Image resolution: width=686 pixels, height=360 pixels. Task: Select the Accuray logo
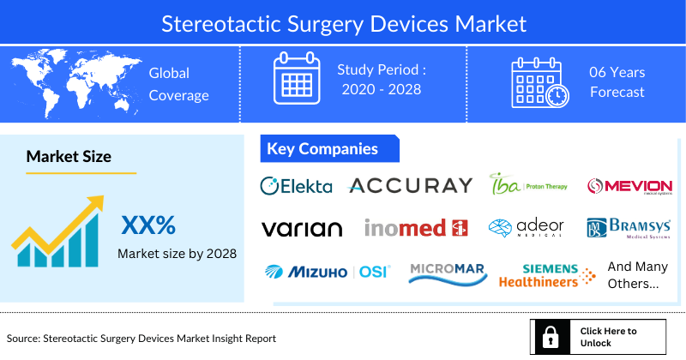[410, 185]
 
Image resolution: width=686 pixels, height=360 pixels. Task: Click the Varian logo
[301, 228]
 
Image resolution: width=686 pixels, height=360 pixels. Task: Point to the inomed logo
[415, 228]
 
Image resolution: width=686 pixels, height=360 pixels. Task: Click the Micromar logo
[448, 272]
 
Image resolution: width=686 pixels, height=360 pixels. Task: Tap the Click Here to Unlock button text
[608, 337]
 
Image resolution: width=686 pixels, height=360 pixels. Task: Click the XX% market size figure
[148, 225]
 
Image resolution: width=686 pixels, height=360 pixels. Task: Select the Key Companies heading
[322, 149]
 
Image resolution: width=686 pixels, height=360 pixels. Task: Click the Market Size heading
[69, 156]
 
